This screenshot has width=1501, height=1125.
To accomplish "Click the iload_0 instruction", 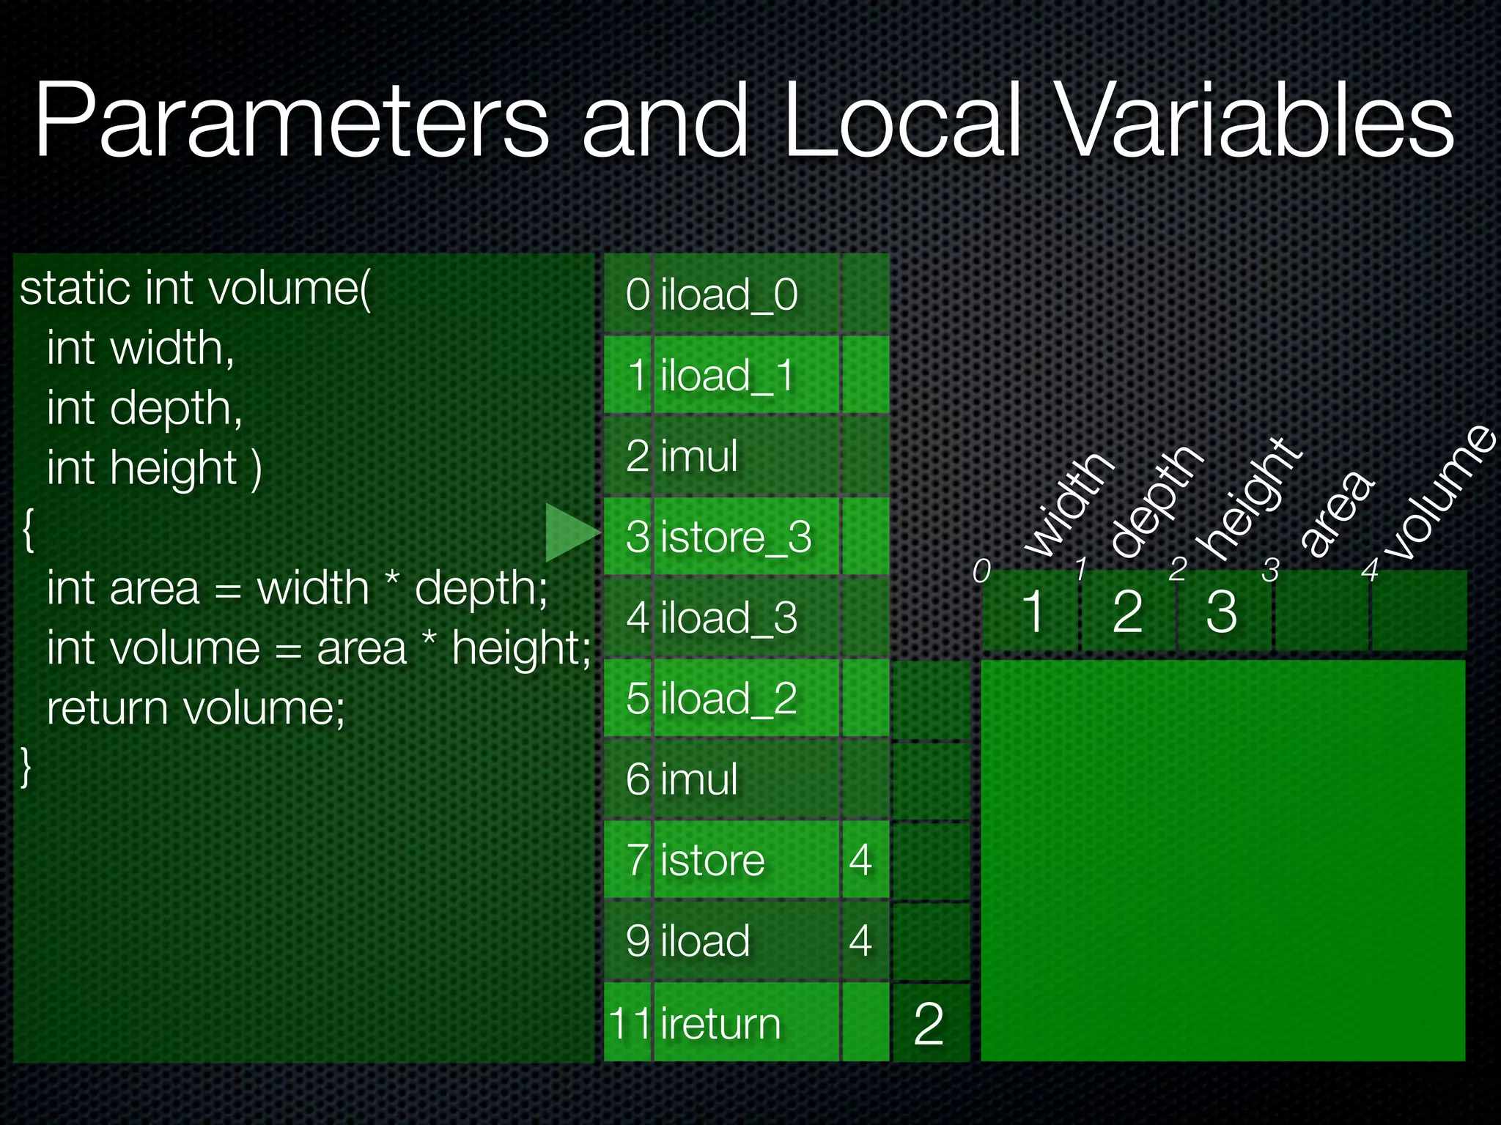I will [729, 294].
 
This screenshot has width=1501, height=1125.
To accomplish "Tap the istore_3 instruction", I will [736, 537].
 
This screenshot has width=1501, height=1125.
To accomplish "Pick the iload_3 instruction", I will [729, 617].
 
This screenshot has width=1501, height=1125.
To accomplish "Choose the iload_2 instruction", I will [729, 698].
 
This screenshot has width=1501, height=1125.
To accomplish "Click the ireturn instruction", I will [720, 1022].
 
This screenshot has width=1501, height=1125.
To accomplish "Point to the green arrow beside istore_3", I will [571, 532].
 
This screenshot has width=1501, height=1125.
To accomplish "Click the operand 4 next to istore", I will [861, 860].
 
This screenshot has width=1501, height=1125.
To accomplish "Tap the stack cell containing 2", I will [929, 1022].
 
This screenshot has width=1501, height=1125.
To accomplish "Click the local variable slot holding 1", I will [1032, 611].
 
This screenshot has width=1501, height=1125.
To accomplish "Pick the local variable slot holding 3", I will [1222, 611].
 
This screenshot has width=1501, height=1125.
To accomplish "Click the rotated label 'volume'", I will [1440, 492].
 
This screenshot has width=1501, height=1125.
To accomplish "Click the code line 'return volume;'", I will [196, 708].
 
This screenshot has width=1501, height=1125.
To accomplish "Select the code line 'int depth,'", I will [144, 408].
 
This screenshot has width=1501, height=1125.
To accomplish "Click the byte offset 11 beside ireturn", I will [629, 1022].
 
